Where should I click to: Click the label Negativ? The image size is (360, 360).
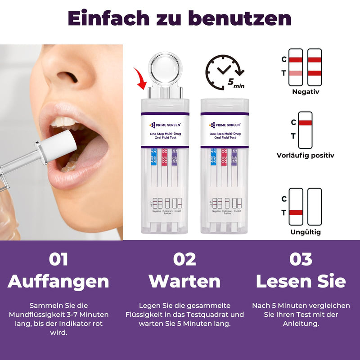click(306, 92)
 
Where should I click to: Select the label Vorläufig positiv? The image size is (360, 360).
click(306, 156)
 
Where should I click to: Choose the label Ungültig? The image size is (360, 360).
click(306, 232)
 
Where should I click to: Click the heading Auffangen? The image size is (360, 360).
click(58, 281)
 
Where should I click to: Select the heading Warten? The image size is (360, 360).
click(185, 281)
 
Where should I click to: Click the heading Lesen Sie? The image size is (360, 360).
click(301, 281)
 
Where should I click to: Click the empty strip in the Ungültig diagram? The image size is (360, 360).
click(315, 207)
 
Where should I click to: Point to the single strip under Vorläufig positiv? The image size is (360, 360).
click(305, 130)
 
